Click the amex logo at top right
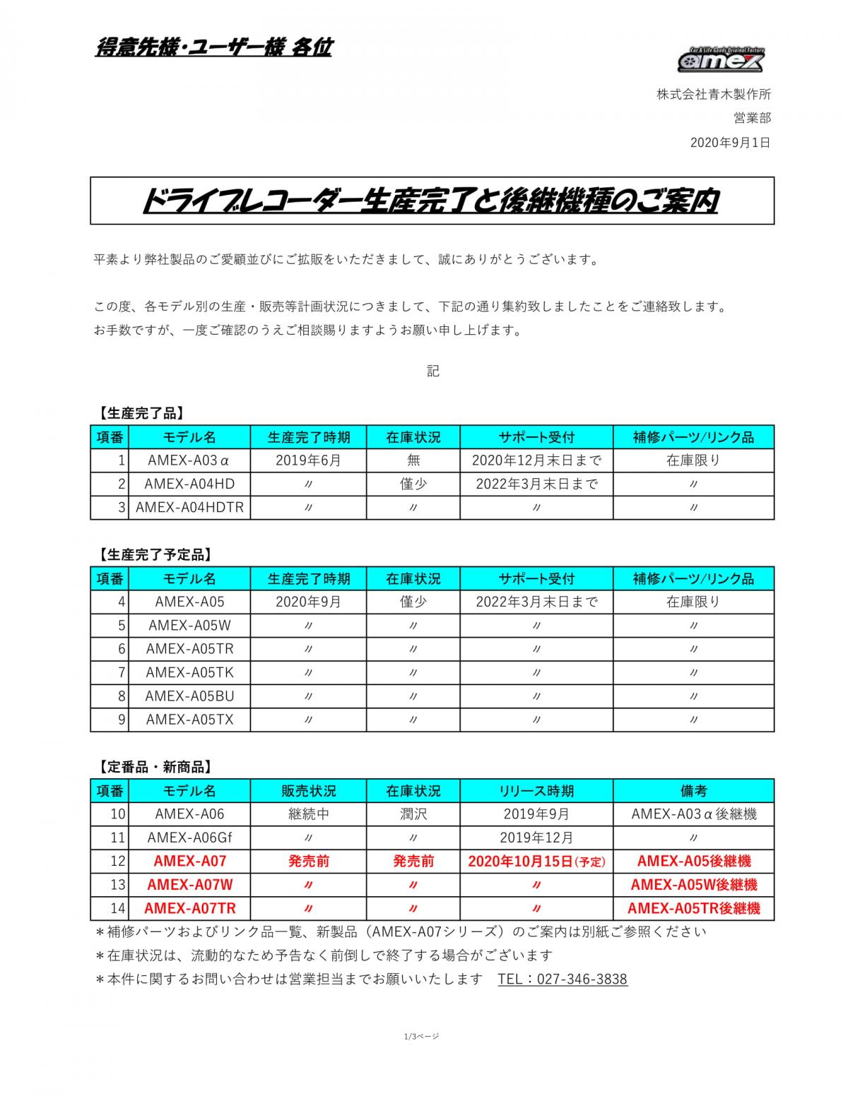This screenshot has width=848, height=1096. click(721, 59)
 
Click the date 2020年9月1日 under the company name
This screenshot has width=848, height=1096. click(730, 143)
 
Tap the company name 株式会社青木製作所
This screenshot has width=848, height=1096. click(714, 94)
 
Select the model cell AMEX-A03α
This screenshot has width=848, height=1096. click(189, 460)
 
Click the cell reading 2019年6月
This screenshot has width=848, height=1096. click(308, 460)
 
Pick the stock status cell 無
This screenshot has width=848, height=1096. click(413, 460)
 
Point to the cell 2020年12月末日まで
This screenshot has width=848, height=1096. click(536, 460)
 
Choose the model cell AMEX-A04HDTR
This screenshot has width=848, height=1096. click(189, 507)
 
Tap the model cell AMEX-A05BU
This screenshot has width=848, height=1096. click(189, 696)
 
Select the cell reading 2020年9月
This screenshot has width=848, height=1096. click(308, 602)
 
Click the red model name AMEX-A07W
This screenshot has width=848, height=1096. click(189, 884)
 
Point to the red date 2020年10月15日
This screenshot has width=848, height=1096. click(521, 861)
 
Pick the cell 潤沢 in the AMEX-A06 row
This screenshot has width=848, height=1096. click(413, 814)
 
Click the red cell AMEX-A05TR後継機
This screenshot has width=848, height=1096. click(694, 908)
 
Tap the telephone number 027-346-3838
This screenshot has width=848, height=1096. click(582, 979)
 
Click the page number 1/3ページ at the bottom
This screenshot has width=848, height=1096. click(422, 1036)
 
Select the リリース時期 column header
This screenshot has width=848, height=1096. click(536, 790)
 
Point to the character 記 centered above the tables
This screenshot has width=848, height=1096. click(432, 371)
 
